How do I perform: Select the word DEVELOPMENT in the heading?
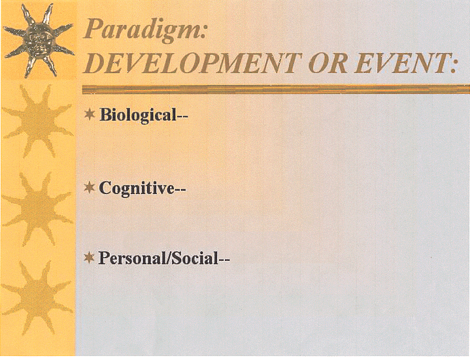192,63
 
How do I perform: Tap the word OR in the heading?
329,63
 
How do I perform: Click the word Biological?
137,115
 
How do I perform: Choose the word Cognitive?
137,189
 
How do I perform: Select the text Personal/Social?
158,258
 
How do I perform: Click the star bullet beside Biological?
90,114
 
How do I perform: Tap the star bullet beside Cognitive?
90,188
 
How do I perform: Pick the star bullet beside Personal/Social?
90,257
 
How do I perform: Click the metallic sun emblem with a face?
39,40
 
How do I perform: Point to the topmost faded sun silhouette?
38,122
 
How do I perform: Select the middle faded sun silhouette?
37,209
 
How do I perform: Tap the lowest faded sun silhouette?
37,297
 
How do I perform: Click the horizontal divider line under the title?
276,90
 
